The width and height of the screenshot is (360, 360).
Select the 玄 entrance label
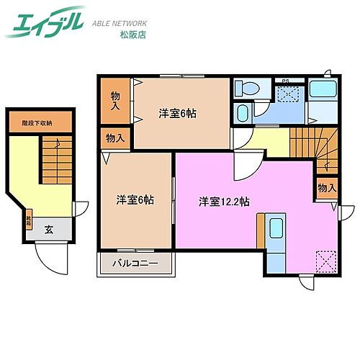coord(48,230)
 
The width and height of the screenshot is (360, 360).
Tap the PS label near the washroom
coord(285,81)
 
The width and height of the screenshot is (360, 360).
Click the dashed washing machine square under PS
coord(288,94)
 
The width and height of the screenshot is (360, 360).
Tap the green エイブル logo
coord(44,22)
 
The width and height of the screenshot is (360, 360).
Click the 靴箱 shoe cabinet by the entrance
coord(30,217)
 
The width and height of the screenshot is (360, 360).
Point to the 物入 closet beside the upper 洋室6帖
coord(115,100)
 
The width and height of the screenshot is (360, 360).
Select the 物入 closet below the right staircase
coord(326,189)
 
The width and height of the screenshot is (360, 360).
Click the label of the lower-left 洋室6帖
coord(135,200)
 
